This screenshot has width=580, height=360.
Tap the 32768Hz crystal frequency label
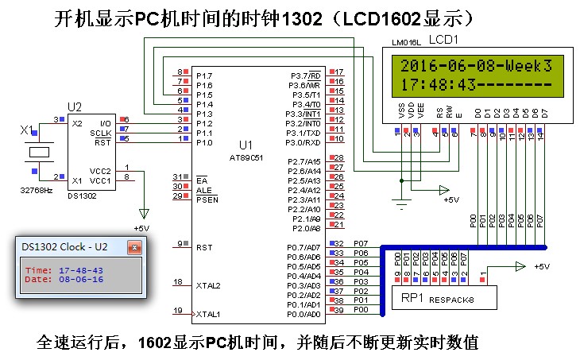point(37,191)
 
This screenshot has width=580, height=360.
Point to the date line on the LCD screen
point(476,64)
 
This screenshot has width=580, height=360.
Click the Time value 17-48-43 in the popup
point(80,270)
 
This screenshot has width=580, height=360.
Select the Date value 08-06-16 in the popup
point(80,280)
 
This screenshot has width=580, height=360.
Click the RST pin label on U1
point(204,247)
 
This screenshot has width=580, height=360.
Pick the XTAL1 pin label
point(209,313)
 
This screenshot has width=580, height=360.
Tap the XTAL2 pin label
point(209,285)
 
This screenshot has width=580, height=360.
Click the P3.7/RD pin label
point(304,75)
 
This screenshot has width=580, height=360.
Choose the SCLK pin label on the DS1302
point(101,133)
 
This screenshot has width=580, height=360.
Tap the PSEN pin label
point(208,199)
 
